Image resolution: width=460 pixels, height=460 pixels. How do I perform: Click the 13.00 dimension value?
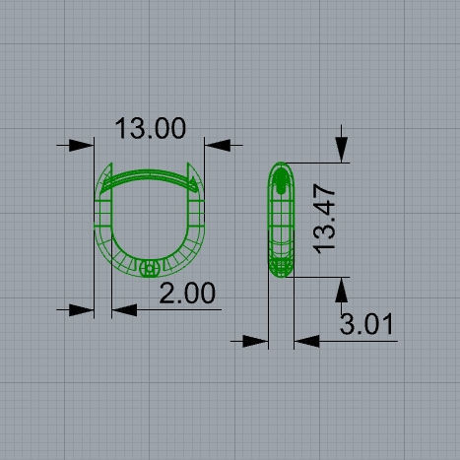click(150, 128)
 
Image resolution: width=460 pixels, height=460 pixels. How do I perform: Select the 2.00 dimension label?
click(186, 293)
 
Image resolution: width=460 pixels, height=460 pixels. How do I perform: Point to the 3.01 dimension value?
click(366, 323)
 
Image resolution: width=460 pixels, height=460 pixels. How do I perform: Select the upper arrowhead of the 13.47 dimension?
click(342, 153)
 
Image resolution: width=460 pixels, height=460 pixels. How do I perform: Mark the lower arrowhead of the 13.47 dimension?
click(342, 287)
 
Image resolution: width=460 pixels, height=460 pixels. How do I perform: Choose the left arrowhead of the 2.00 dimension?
click(86, 309)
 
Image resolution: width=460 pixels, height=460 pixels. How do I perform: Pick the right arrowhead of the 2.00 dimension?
click(121, 309)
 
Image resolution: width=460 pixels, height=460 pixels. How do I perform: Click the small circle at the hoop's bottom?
click(150, 267)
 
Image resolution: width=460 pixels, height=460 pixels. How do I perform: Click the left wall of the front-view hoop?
click(100, 222)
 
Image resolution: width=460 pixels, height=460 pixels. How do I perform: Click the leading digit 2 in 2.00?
click(166, 293)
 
